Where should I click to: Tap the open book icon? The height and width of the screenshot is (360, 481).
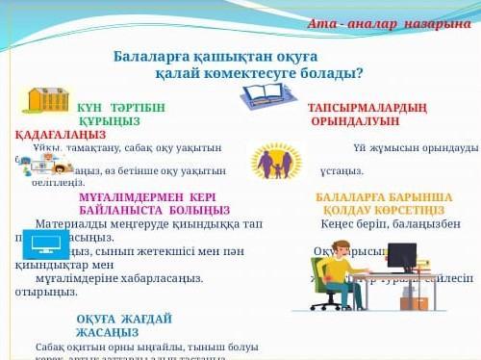[267, 96]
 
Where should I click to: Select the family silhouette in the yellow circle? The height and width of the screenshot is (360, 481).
[275, 162]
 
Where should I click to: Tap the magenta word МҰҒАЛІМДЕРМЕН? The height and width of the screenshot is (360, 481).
[125, 196]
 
